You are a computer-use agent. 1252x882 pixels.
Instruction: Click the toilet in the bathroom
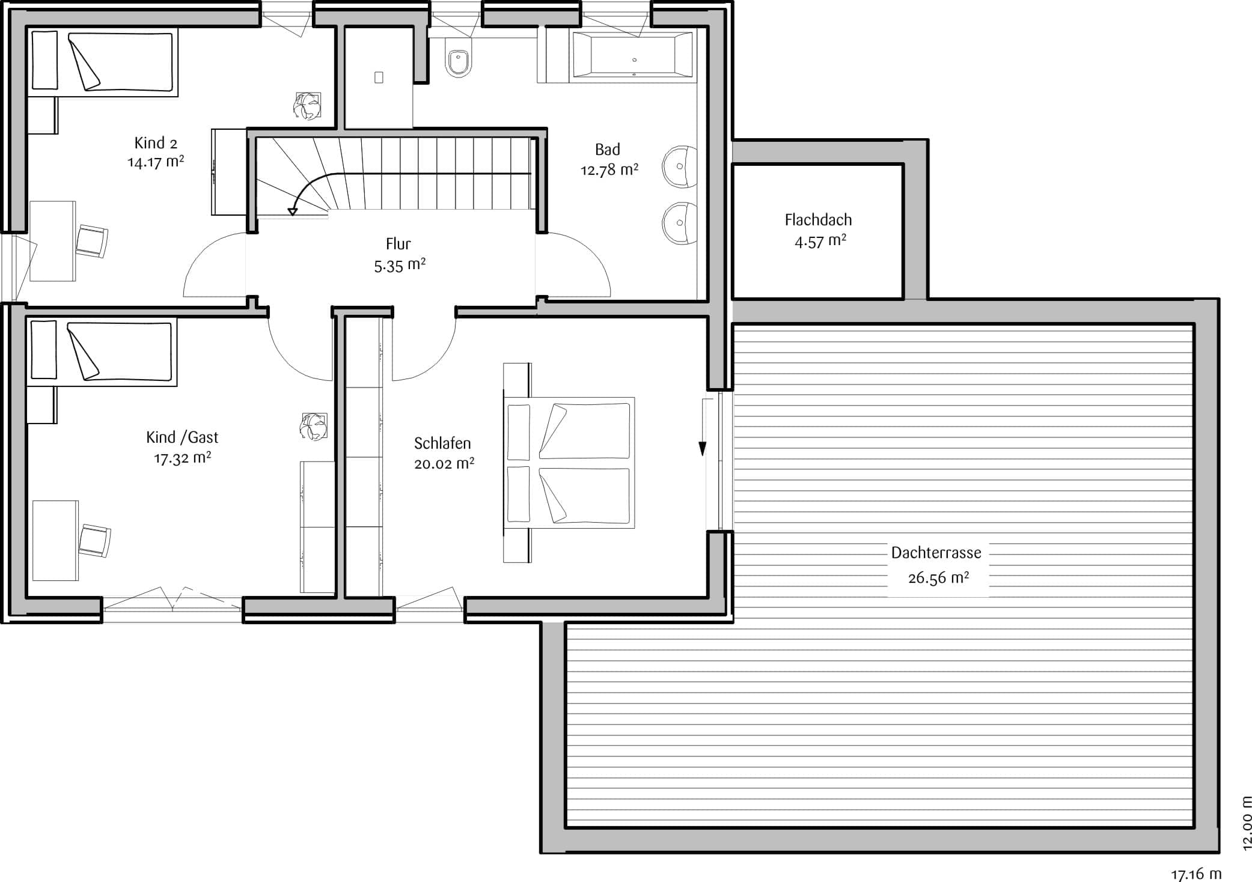tap(459, 60)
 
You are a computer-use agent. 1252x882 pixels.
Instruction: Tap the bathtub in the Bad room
tap(632, 55)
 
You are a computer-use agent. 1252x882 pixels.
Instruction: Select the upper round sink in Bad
tap(680, 166)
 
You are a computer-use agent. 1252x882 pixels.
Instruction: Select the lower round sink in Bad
tap(680, 224)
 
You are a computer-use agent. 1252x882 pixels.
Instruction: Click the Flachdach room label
tap(818, 220)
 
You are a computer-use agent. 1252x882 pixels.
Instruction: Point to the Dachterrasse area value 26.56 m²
tap(938, 577)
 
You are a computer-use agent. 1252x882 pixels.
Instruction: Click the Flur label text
tap(398, 244)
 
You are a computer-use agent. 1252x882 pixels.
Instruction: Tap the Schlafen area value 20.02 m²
tap(444, 464)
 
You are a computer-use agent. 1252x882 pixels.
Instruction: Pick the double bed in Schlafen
tap(569, 463)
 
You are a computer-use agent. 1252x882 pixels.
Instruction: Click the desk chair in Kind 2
tap(93, 241)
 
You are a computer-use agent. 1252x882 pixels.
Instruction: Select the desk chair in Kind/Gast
tap(95, 540)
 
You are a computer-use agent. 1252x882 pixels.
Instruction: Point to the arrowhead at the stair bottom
tap(293, 211)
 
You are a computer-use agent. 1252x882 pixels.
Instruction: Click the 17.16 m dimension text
tap(1196, 874)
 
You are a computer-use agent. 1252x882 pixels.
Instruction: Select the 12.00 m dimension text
tap(1246, 823)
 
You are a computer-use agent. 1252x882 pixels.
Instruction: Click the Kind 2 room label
tap(156, 143)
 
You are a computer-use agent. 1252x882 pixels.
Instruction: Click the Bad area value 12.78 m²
tap(609, 170)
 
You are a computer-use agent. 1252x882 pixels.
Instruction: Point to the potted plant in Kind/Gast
tap(314, 427)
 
